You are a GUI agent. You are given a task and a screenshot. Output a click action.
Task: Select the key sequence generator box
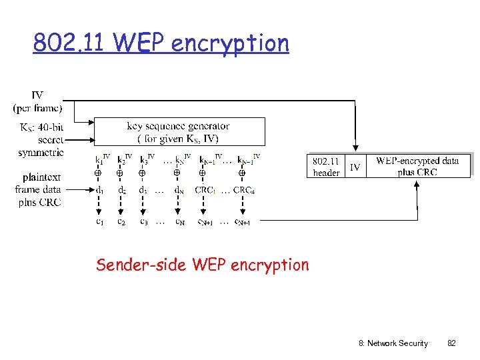point(179,131)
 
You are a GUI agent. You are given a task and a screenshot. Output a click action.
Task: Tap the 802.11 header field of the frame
point(326,167)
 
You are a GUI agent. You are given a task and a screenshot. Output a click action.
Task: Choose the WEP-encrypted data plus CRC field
point(417,167)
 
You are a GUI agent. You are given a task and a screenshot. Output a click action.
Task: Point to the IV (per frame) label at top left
point(37,102)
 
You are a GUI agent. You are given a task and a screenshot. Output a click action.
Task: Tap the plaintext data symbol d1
point(98,190)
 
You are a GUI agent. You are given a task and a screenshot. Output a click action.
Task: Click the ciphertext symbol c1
point(98,221)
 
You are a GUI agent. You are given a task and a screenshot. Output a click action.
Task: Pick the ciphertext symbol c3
point(143,221)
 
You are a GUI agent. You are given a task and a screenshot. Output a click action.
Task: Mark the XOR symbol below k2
point(120,173)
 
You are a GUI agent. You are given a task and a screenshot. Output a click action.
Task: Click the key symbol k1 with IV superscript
point(101,159)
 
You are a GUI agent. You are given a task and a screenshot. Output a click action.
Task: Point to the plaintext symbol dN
point(179,190)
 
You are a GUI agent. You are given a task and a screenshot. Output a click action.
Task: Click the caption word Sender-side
point(141,265)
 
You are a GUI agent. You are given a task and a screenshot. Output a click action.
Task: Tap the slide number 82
point(451,343)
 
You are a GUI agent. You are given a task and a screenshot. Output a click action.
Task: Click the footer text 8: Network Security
point(393,343)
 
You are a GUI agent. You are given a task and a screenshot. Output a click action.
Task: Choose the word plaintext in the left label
point(41,177)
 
